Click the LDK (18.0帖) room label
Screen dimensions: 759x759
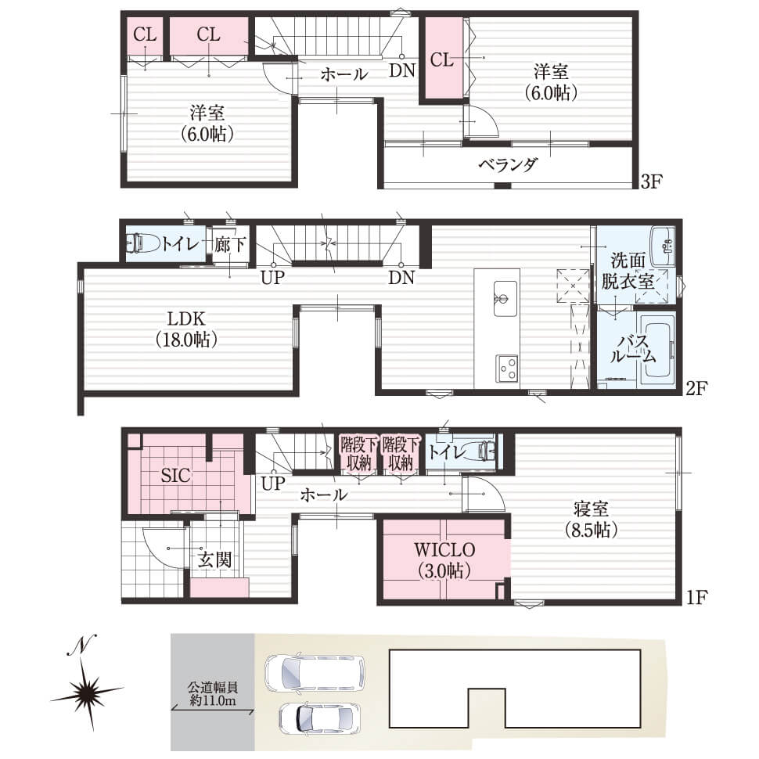[186, 329]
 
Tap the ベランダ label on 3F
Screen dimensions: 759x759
[509, 165]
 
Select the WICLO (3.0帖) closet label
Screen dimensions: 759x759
[444, 560]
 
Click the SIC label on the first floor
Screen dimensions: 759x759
[176, 475]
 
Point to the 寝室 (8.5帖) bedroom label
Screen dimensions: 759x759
[591, 520]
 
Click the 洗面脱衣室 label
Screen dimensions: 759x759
[628, 271]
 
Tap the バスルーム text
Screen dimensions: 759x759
[633, 350]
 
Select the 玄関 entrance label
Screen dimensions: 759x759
[214, 560]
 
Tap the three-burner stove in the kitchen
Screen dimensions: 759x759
[506, 369]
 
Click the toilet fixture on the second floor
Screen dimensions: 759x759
[142, 243]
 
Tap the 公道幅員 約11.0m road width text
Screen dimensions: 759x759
[213, 693]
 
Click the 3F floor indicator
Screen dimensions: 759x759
[652, 182]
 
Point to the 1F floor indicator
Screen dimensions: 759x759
[697, 597]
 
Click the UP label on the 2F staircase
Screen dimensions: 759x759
[272, 278]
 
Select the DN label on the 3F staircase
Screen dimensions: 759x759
[402, 70]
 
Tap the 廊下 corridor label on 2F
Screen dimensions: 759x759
[230, 244]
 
